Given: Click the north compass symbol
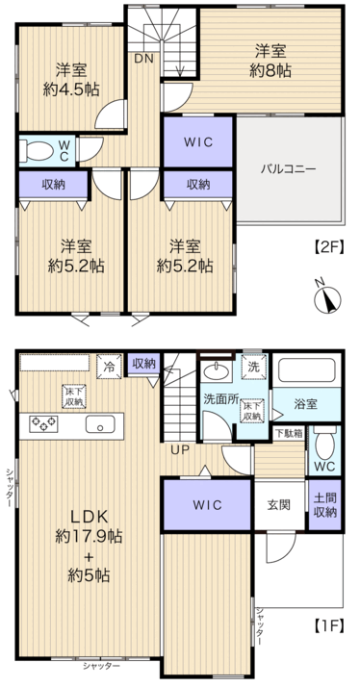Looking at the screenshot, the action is pyautogui.click(x=328, y=299).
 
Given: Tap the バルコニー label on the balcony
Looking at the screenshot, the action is pyautogui.click(x=289, y=168).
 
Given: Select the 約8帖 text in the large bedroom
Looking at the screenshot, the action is pyautogui.click(x=270, y=71).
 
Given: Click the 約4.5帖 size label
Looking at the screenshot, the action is pyautogui.click(x=71, y=89).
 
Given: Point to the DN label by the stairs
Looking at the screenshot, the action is pyautogui.click(x=143, y=59).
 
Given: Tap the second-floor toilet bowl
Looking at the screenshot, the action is pyautogui.click(x=37, y=151).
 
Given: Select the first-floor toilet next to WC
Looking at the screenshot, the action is pyautogui.click(x=325, y=442).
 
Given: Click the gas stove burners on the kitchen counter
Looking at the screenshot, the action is pyautogui.click(x=43, y=424).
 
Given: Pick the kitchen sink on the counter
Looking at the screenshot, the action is pyautogui.click(x=100, y=424).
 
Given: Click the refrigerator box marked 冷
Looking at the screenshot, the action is pyautogui.click(x=109, y=367).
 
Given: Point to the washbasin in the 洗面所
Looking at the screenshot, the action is pyautogui.click(x=217, y=372).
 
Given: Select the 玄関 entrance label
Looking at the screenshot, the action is pyautogui.click(x=278, y=505).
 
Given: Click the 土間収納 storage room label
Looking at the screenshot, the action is pyautogui.click(x=325, y=505).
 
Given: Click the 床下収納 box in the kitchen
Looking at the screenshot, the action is pyautogui.click(x=74, y=396).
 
